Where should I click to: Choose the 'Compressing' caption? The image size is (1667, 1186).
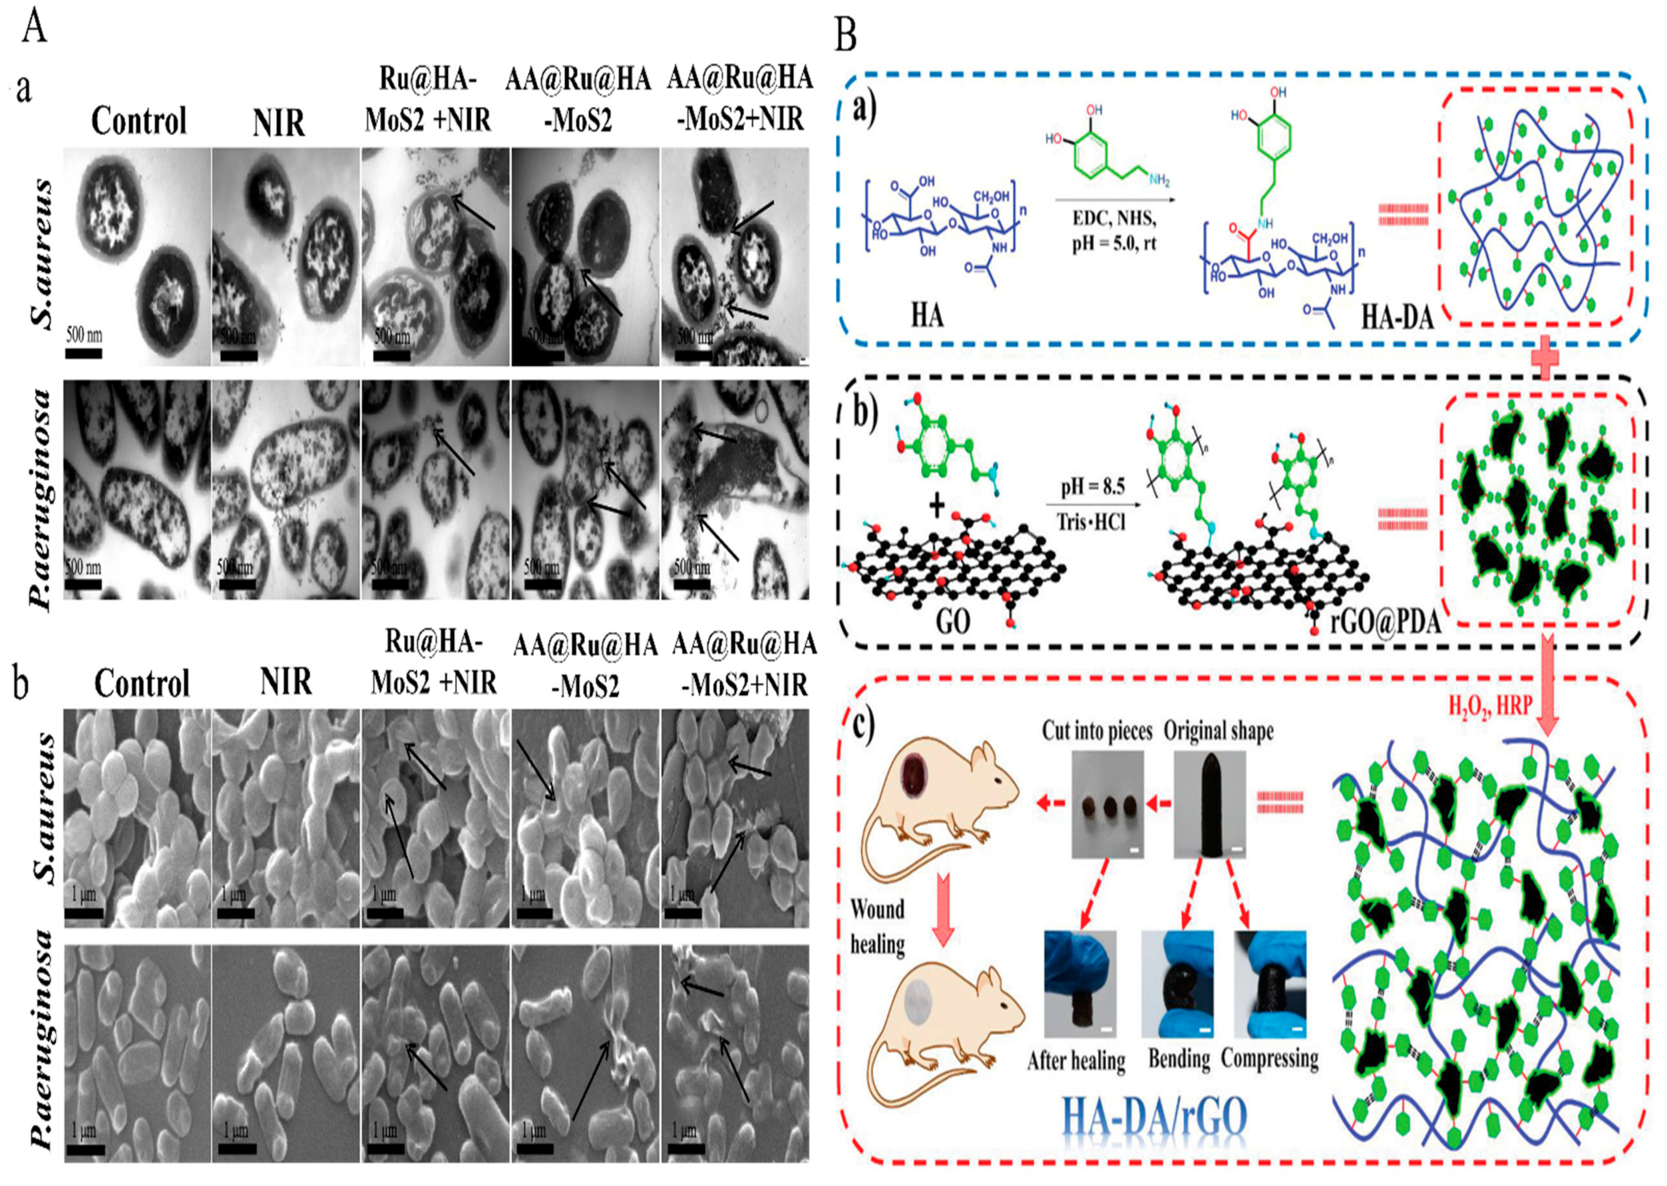coord(1270,1058)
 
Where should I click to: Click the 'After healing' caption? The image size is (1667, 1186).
coord(1076,1060)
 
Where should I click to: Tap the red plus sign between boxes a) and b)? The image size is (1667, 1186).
coord(1544,362)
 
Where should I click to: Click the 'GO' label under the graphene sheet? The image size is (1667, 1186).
coord(952,621)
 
